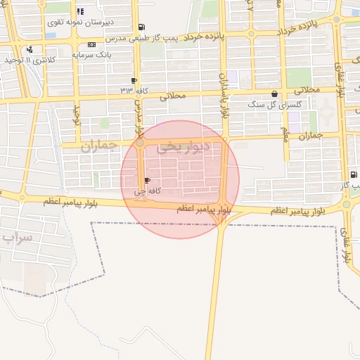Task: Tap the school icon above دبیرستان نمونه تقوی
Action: coord(80,12)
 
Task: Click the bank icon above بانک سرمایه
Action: coord(91,44)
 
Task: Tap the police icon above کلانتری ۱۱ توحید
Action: coord(30,49)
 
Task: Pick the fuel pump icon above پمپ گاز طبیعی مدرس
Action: coord(143,27)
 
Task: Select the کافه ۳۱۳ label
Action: coord(134,90)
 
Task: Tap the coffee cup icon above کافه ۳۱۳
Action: coord(134,80)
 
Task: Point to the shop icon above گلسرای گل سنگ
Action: coord(274,94)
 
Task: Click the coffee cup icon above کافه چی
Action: coord(146,181)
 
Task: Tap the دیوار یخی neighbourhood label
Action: coord(179,146)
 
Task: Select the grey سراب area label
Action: coord(18,238)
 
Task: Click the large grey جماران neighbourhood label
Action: coord(98,146)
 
